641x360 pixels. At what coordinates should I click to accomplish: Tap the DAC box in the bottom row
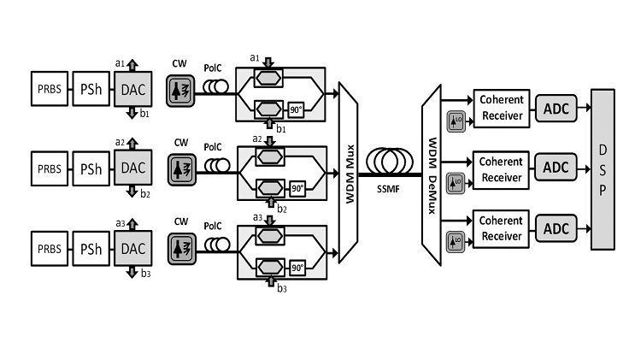[x=132, y=248]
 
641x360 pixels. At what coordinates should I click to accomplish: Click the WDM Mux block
[x=350, y=172]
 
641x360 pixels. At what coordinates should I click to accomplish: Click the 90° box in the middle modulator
[x=297, y=188]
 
